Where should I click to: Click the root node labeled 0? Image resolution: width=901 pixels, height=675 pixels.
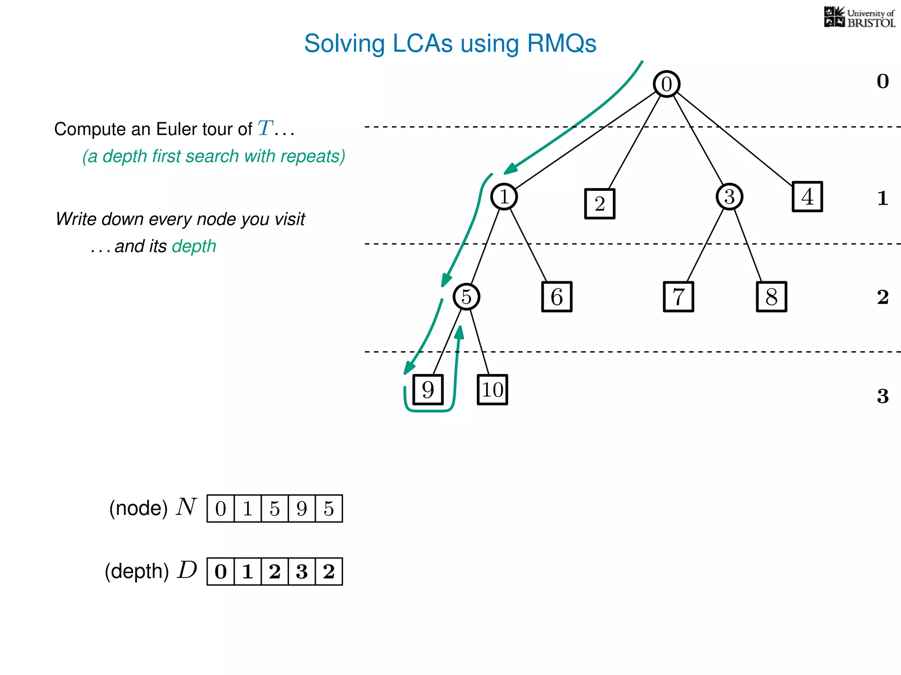667,84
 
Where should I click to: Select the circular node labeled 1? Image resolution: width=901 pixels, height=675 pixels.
504,196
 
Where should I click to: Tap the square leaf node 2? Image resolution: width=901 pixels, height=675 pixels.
600,203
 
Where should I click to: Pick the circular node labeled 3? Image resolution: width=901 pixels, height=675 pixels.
729,196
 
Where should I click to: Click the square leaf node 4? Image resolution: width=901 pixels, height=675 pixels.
807,196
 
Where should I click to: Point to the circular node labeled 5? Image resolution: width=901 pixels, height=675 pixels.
466,297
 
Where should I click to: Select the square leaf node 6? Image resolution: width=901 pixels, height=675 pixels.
557,297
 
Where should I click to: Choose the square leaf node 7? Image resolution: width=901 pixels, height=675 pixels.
678,297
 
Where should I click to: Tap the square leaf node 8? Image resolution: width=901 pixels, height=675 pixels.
771,297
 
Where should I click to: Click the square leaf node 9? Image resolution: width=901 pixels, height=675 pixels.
428,389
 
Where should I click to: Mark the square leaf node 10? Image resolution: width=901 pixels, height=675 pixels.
492,389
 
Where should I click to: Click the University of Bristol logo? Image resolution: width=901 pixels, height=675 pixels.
859,18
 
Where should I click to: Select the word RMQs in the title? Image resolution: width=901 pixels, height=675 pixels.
561,44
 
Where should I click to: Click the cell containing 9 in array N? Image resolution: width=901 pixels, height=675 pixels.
302,508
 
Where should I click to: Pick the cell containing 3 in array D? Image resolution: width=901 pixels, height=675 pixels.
302,571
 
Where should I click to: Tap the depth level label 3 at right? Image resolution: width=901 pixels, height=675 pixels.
883,396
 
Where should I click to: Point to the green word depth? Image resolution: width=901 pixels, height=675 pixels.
194,246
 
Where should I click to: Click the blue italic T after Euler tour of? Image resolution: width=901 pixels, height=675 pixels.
265,128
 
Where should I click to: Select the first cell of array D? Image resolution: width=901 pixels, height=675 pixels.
220,571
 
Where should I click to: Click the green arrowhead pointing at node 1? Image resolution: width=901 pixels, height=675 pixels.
510,169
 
